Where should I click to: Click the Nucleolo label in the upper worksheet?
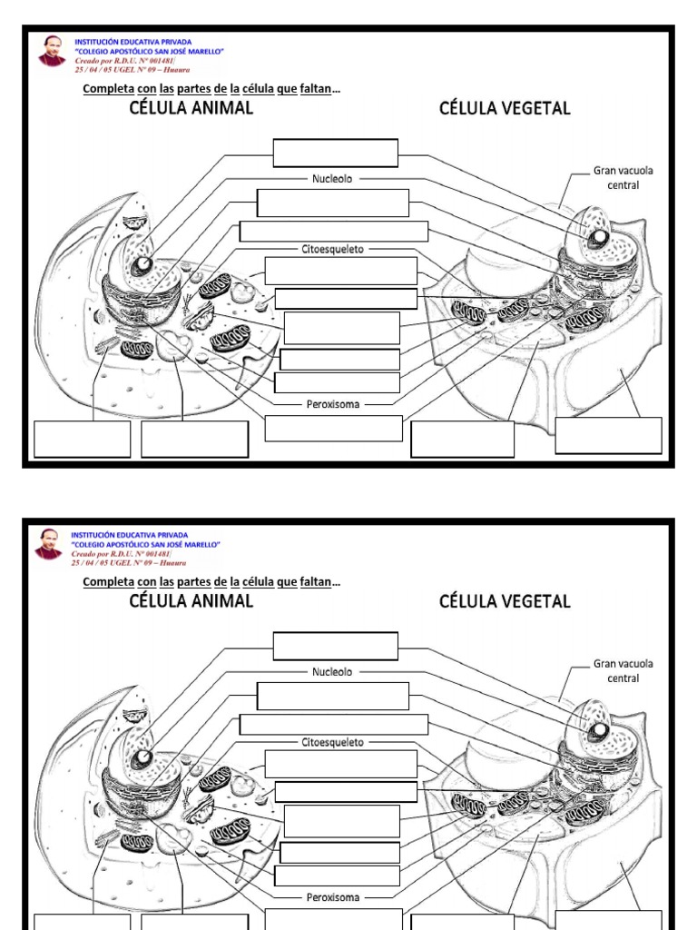coord(332,179)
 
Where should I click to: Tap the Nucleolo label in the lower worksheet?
coord(332,672)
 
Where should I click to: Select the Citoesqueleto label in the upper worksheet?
coord(332,248)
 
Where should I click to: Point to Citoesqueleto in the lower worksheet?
coord(332,742)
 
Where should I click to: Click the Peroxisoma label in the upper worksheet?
coord(332,404)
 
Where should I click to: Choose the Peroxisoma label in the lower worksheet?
coord(332,897)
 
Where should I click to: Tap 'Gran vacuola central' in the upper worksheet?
coord(623,177)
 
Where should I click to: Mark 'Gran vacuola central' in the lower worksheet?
coord(623,670)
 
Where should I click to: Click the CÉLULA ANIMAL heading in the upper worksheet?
coord(191,109)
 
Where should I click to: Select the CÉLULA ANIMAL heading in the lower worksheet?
coord(191,601)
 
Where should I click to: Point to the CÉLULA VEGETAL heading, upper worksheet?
coord(505,109)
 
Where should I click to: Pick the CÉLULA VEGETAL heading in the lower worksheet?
coord(505,601)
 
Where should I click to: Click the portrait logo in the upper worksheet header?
coord(52,51)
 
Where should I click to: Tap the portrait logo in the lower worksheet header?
coord(52,544)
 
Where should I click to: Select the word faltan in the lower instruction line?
coord(316,582)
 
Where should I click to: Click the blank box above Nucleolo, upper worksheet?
coord(336,153)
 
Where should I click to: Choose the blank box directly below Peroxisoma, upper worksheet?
coord(333,428)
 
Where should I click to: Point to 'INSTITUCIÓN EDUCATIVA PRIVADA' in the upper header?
coord(131,42)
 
